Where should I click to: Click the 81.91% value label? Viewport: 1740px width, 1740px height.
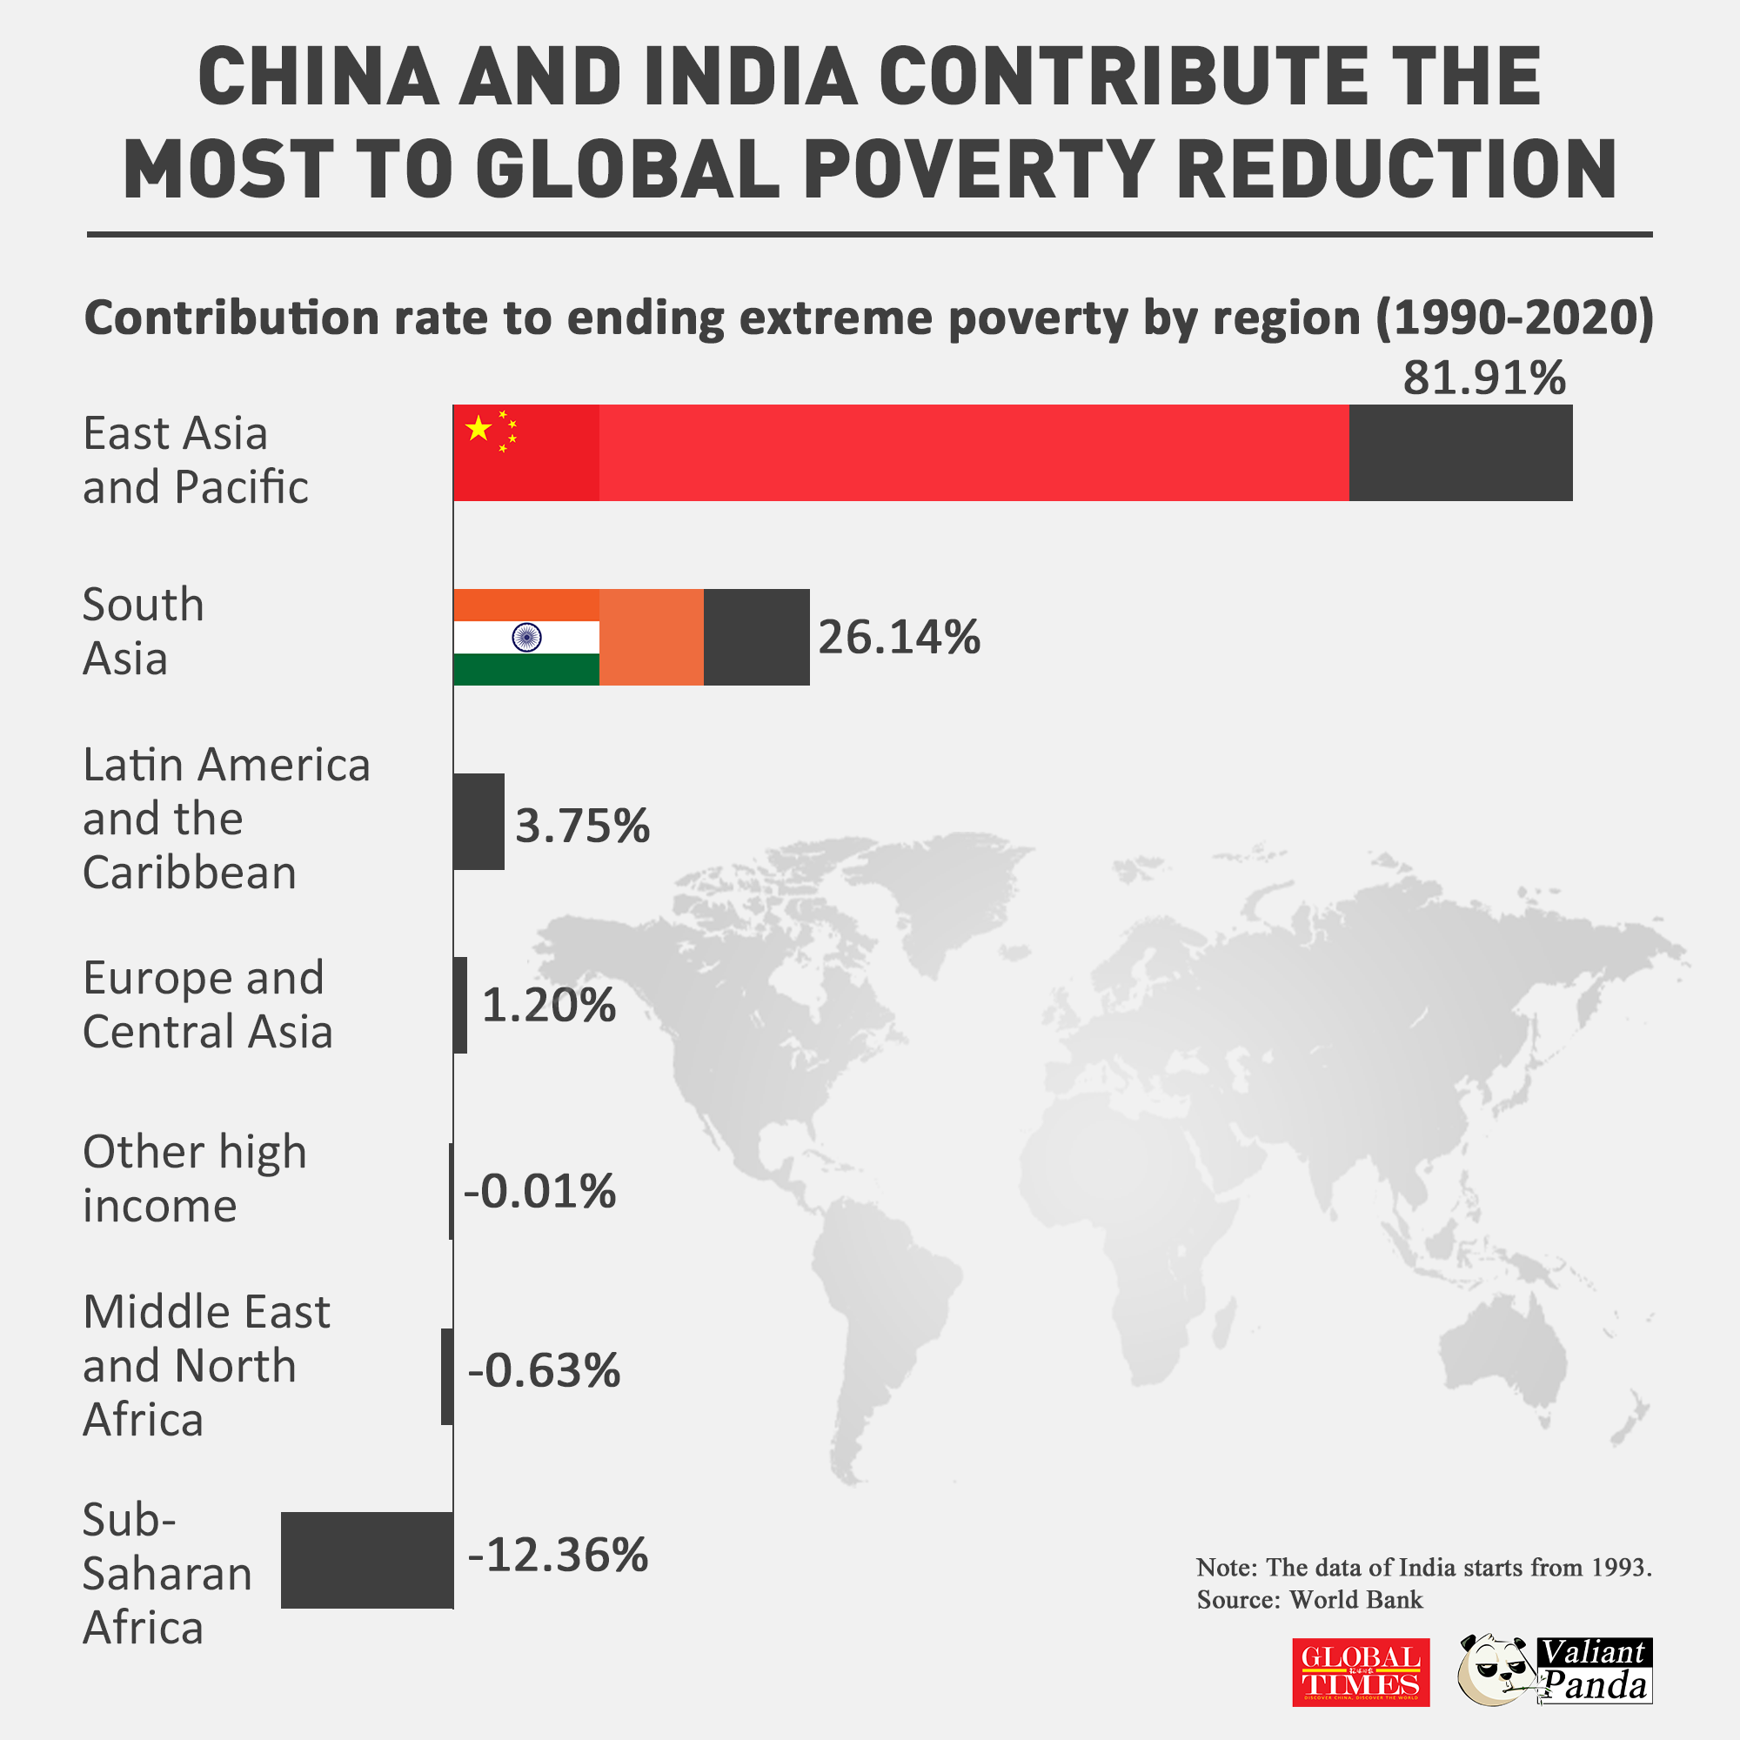[x=1484, y=378]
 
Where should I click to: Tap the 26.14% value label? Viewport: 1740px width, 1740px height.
[x=899, y=638]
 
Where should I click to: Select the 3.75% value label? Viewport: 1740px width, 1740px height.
[x=582, y=825]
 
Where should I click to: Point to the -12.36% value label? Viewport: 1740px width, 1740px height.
[x=558, y=1555]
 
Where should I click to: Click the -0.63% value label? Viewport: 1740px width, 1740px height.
[x=544, y=1371]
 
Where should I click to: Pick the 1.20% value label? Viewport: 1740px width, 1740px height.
[x=548, y=1005]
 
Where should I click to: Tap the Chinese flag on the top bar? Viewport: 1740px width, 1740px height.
[x=526, y=452]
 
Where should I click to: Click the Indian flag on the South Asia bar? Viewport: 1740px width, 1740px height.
[x=526, y=638]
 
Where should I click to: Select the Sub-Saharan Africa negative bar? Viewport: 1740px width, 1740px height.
[x=366, y=1560]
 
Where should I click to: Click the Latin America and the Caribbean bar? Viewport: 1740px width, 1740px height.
[x=478, y=821]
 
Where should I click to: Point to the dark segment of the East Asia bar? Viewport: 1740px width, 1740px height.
[x=1460, y=452]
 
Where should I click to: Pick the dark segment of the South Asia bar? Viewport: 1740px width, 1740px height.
[x=757, y=638]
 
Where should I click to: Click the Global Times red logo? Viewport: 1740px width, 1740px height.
[x=1360, y=1671]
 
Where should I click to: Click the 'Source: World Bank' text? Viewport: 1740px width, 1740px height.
[x=1309, y=1600]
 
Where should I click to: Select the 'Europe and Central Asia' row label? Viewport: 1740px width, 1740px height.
[x=207, y=1004]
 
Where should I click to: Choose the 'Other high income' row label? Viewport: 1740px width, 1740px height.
[x=195, y=1178]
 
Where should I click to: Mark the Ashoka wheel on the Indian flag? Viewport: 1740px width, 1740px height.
[x=526, y=638]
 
